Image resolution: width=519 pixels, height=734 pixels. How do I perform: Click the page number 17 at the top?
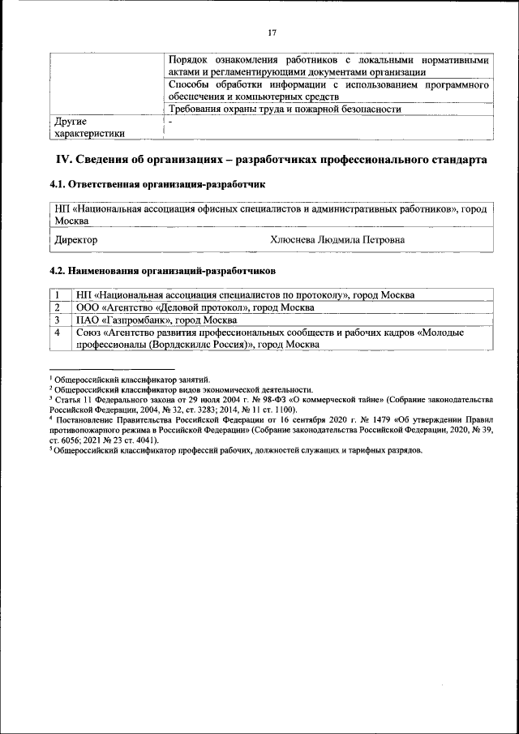click(272, 32)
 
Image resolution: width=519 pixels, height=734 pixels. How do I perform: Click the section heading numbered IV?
click(271, 161)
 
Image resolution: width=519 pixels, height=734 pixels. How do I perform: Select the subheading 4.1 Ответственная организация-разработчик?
click(157, 185)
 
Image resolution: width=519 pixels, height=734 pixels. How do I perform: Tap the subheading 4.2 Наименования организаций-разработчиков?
click(162, 268)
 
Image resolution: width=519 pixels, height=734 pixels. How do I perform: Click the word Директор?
click(75, 240)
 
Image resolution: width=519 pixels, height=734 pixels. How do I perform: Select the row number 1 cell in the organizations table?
click(58, 295)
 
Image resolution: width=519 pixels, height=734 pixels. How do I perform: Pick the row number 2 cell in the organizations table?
click(58, 307)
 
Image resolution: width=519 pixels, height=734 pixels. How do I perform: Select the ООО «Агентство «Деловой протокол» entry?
click(195, 307)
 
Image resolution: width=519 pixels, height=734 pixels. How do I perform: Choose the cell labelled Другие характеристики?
click(89, 127)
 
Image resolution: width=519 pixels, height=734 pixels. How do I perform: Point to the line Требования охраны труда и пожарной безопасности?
click(285, 109)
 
